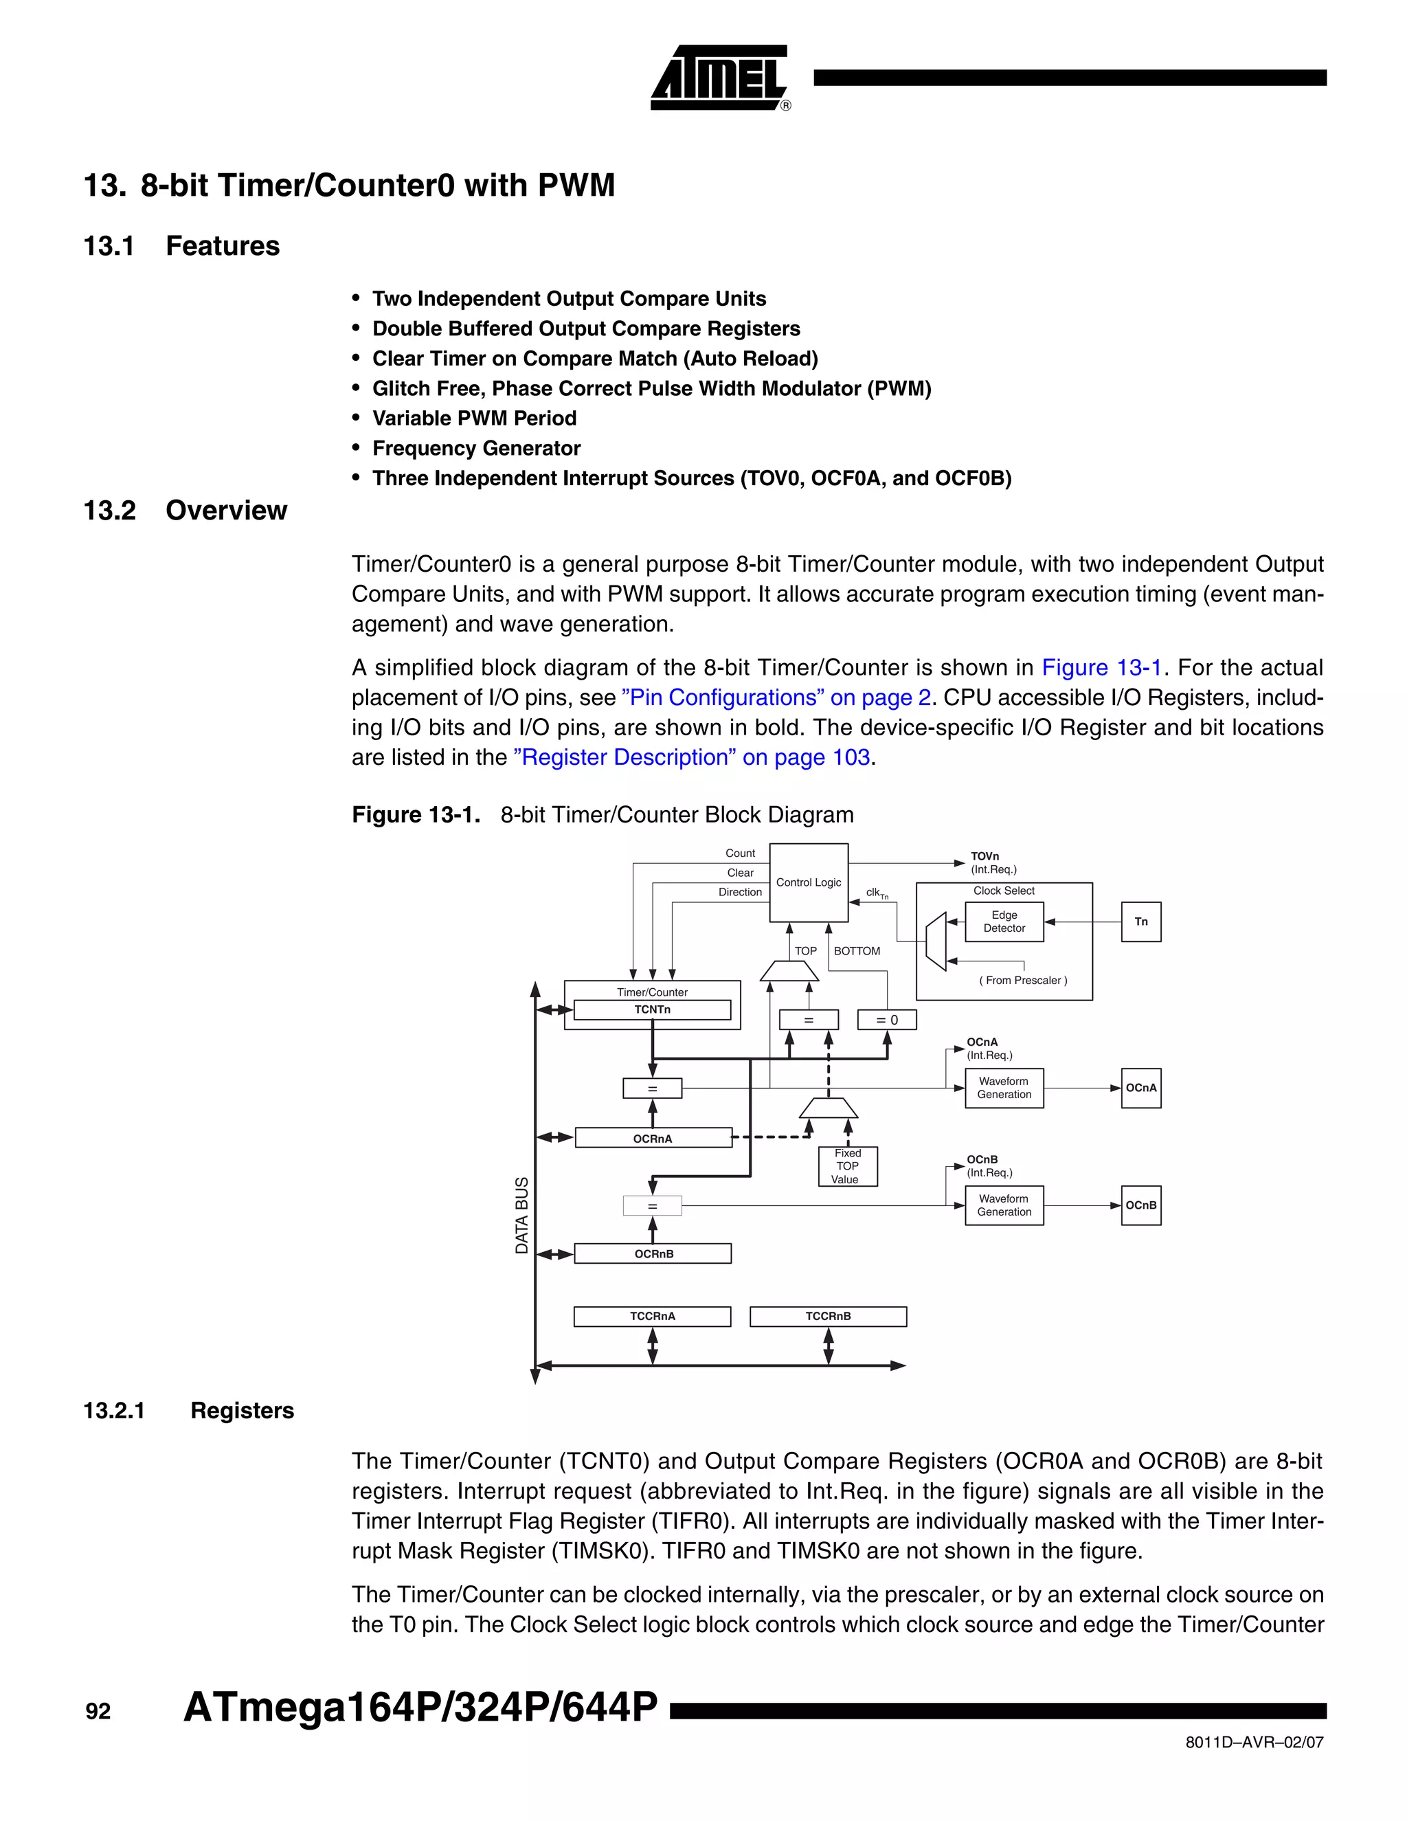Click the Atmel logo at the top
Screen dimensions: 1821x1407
(x=719, y=78)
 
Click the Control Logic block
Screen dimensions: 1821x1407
(x=808, y=882)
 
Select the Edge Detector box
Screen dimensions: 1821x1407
(x=1004, y=921)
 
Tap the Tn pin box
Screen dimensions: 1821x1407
(x=1140, y=921)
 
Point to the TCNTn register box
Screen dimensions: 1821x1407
(x=652, y=1009)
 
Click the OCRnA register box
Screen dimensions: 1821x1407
(x=653, y=1138)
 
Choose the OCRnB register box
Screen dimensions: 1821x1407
(x=653, y=1253)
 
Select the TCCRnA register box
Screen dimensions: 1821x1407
(x=652, y=1316)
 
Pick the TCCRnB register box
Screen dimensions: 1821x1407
(x=828, y=1316)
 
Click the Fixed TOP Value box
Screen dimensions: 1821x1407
(x=847, y=1165)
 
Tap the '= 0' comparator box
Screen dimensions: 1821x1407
(x=886, y=1020)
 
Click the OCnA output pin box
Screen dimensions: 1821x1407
(x=1140, y=1088)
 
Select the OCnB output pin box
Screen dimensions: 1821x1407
(x=1140, y=1206)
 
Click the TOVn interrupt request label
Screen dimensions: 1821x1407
(x=992, y=862)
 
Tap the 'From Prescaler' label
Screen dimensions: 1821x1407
(x=1023, y=981)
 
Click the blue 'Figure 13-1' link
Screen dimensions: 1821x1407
(x=1101, y=668)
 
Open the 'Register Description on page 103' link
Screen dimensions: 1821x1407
(x=692, y=757)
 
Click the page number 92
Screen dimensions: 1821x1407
(x=98, y=1711)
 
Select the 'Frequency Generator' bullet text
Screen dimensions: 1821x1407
(x=476, y=449)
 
